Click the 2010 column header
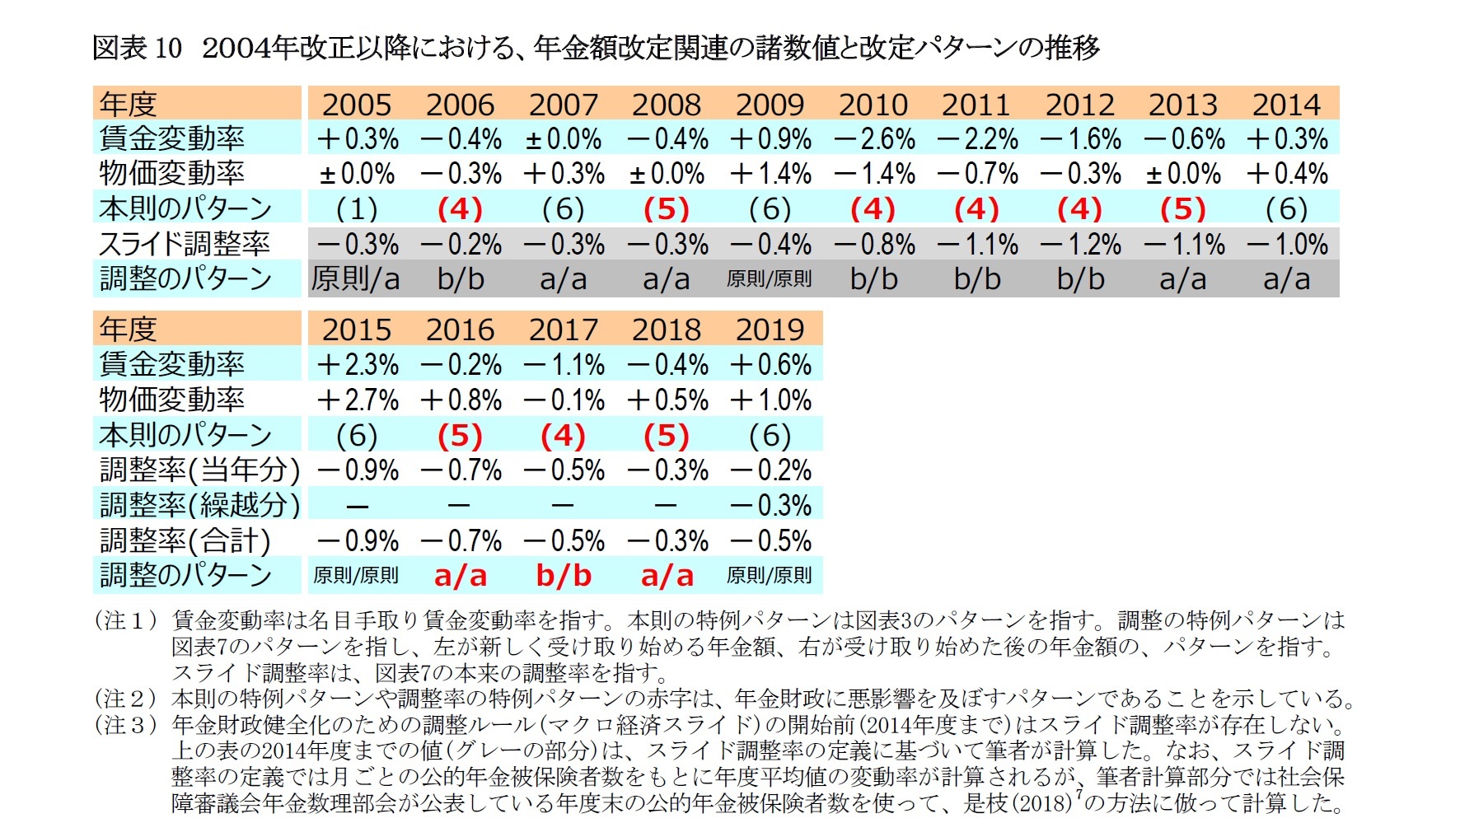click(873, 105)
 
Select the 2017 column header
click(563, 330)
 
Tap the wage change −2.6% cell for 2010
click(873, 139)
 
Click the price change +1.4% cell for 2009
click(770, 174)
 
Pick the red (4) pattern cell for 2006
click(460, 209)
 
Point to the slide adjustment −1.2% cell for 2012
click(1080, 245)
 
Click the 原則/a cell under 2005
click(356, 279)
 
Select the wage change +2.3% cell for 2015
click(357, 364)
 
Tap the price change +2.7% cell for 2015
click(357, 400)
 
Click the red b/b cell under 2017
click(563, 575)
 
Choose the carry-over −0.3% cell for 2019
click(770, 505)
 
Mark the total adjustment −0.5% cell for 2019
click(770, 540)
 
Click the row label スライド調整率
click(185, 245)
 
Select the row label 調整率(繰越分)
click(199, 505)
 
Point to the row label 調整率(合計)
click(185, 540)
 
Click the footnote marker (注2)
click(126, 699)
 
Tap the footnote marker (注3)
click(126, 725)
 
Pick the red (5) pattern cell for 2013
click(1182, 209)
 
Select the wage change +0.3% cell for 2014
click(1286, 139)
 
